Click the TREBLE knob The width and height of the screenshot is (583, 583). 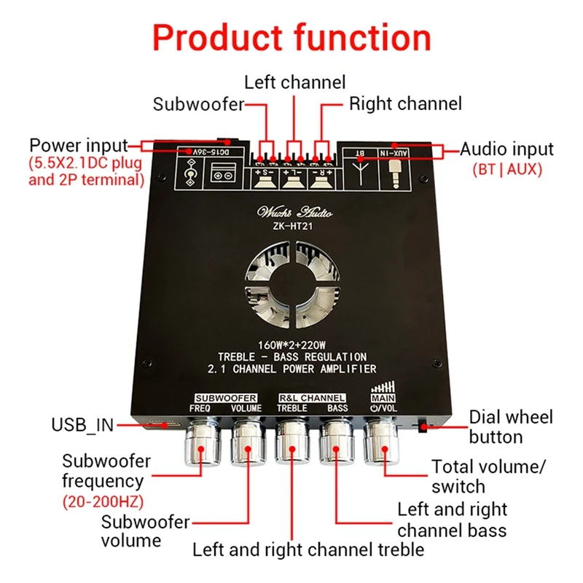pos(292,444)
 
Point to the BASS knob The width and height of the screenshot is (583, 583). pos(337,444)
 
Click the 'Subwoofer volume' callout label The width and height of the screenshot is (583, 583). pos(145,531)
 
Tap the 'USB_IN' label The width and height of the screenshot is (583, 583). pos(82,425)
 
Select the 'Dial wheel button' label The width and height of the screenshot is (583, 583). pos(510,427)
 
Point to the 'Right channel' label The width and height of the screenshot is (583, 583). pos(405,104)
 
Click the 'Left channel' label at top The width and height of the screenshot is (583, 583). pos(294,81)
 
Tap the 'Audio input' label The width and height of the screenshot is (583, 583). pos(506,149)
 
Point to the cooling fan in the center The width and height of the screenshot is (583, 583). pos(291,281)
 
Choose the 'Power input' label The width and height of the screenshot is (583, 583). pos(79,145)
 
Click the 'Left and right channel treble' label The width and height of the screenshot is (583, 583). pos(308,549)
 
